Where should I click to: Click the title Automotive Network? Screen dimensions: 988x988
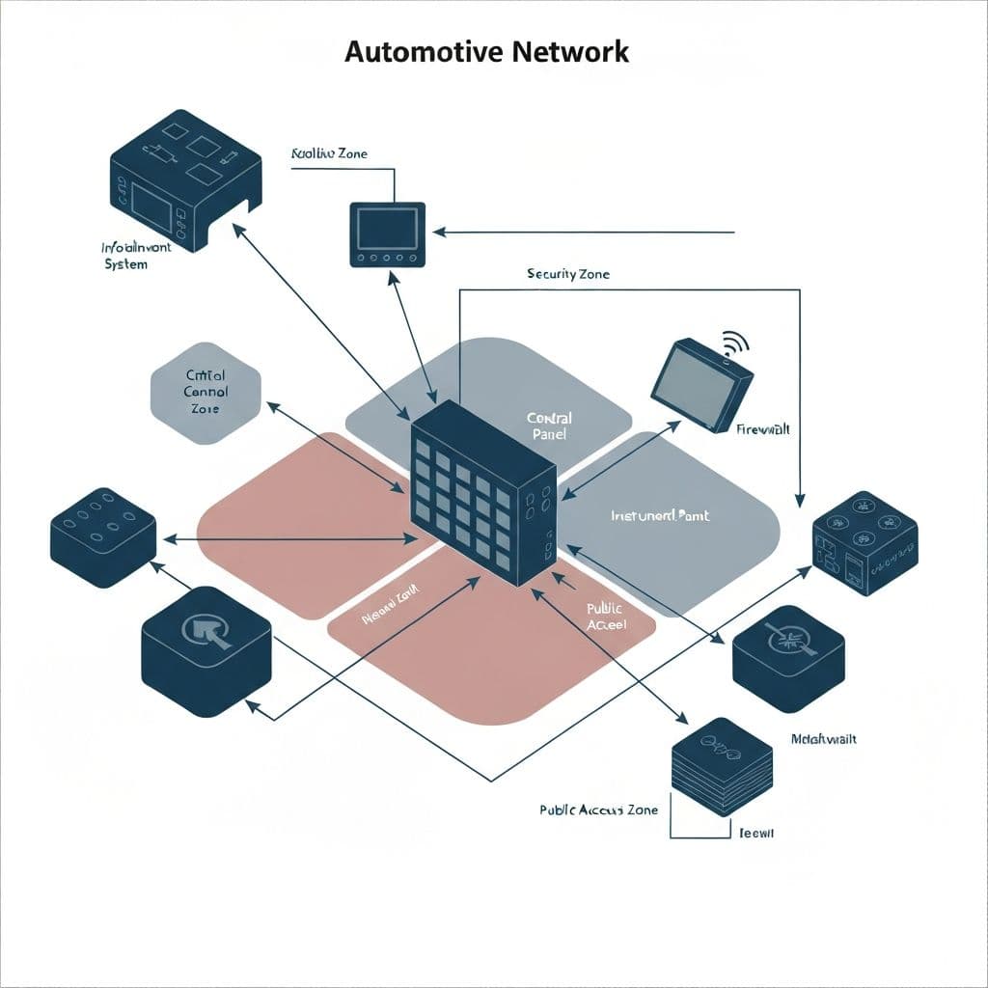click(486, 51)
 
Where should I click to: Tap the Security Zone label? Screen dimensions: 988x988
click(568, 274)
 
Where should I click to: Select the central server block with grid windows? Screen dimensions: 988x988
click(482, 492)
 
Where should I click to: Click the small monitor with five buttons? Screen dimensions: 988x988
click(386, 233)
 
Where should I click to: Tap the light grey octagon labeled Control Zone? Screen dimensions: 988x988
click(206, 393)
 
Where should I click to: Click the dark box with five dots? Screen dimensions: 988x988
click(103, 536)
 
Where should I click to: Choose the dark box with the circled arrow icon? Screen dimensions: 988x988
click(206, 651)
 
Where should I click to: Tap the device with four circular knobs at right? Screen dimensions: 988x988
click(864, 542)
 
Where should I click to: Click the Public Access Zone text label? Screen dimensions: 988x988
click(598, 810)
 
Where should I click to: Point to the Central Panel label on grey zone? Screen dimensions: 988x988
click(549, 425)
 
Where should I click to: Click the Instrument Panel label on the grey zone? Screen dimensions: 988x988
click(660, 516)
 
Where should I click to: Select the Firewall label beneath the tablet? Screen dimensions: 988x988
click(762, 429)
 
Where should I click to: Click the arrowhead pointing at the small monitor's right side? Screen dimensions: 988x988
click(439, 233)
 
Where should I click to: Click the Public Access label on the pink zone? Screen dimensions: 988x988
click(606, 617)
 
